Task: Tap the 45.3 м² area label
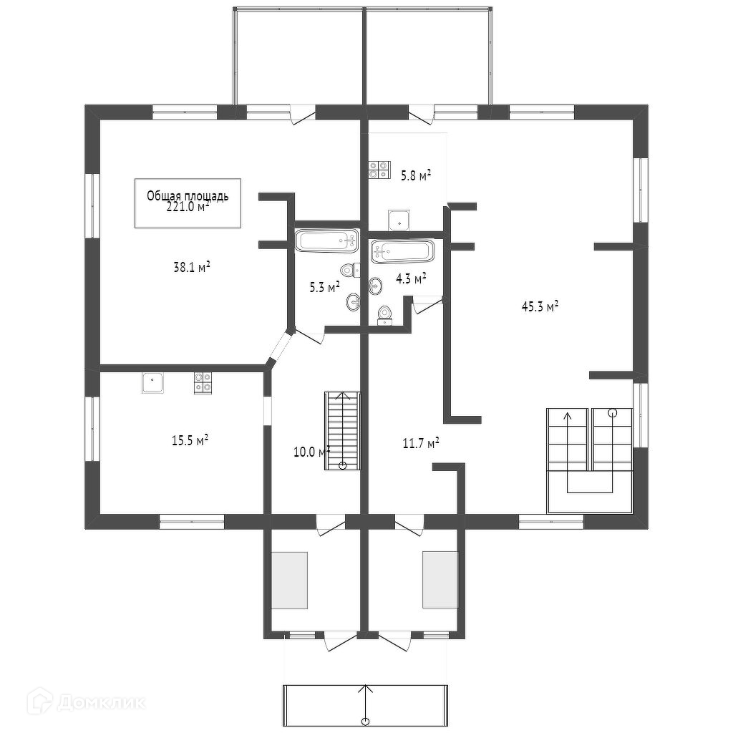[x=540, y=307]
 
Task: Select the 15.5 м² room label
[x=190, y=440]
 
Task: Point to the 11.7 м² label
[x=420, y=444]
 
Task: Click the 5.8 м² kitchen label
[x=415, y=175]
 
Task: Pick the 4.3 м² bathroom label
[x=411, y=278]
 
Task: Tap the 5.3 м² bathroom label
[x=324, y=288]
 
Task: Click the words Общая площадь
[x=188, y=195]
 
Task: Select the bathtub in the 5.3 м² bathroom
[x=326, y=240]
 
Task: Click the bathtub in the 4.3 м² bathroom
[x=402, y=251]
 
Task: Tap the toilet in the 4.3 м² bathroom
[x=385, y=314]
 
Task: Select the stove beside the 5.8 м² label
[x=379, y=169]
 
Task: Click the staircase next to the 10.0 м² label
[x=342, y=429]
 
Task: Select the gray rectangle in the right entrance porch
[x=440, y=579]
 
